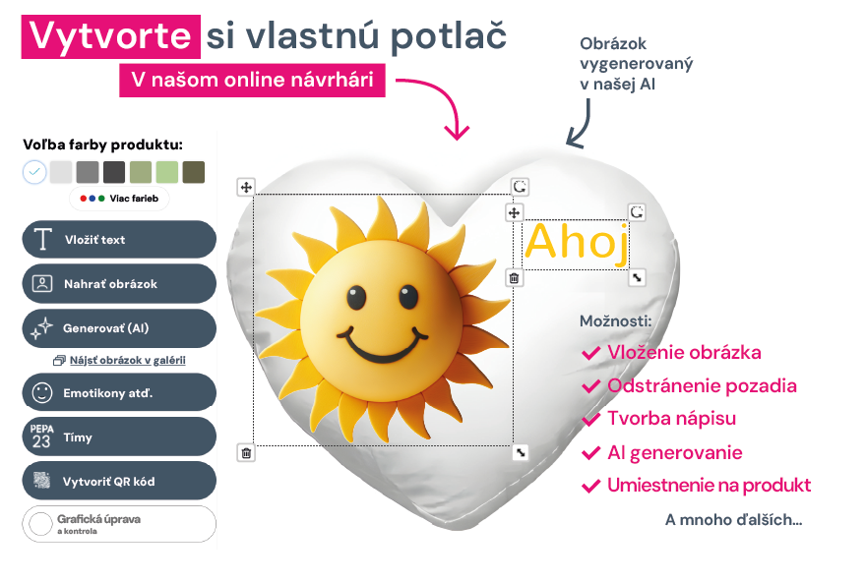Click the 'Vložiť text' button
point(119,240)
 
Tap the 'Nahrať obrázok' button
point(119,284)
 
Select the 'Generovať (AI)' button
point(119,328)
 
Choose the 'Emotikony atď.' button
point(119,392)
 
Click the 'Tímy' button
point(119,436)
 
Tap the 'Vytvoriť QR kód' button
point(119,481)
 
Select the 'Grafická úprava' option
point(119,524)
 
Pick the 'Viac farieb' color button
point(119,199)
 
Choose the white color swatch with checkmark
point(34,172)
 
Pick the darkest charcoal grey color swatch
point(114,172)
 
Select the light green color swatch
point(167,172)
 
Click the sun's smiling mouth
point(382,346)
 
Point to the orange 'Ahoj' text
point(577,243)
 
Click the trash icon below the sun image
point(246,453)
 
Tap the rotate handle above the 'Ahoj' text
point(637,212)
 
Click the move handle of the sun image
point(246,188)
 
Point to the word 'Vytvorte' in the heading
point(110,36)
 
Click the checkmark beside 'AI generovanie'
point(590,453)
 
